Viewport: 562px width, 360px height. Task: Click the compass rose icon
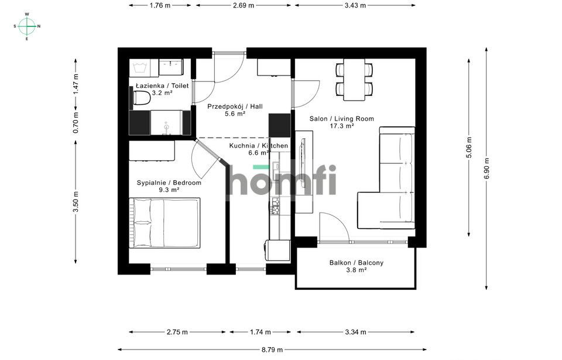coord(27,26)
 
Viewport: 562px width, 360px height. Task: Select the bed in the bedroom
coord(165,222)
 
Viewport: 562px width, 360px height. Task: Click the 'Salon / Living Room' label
coord(341,119)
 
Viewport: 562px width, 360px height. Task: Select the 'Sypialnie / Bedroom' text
coord(169,183)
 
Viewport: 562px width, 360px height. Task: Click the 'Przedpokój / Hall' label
coord(235,107)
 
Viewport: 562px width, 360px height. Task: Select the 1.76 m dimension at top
coord(160,5)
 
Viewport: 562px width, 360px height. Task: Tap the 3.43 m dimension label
coord(355,5)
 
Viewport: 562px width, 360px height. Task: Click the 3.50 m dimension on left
coord(76,202)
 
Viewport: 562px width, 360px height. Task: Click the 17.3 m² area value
coord(341,126)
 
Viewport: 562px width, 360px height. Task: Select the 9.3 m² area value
coord(169,190)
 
